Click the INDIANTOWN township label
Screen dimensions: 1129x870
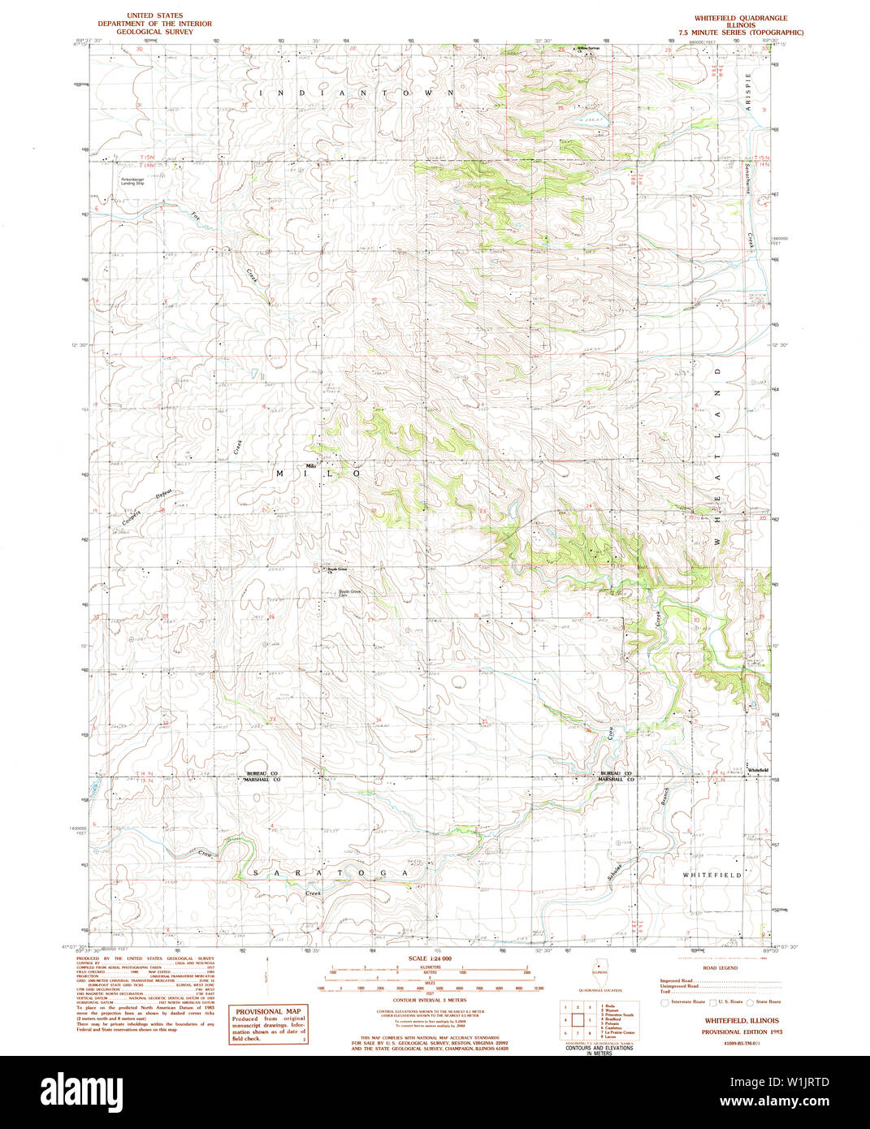coord(357,93)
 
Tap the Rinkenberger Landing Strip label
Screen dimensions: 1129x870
coord(132,182)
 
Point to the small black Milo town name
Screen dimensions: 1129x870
coord(310,465)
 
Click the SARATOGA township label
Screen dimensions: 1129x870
coord(329,873)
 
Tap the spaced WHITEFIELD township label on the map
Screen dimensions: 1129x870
coord(712,875)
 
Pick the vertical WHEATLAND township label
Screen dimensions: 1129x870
coord(717,456)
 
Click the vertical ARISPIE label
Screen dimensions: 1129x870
coord(749,90)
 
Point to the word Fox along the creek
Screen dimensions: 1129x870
coord(196,217)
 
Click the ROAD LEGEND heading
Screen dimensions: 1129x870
coord(720,968)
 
